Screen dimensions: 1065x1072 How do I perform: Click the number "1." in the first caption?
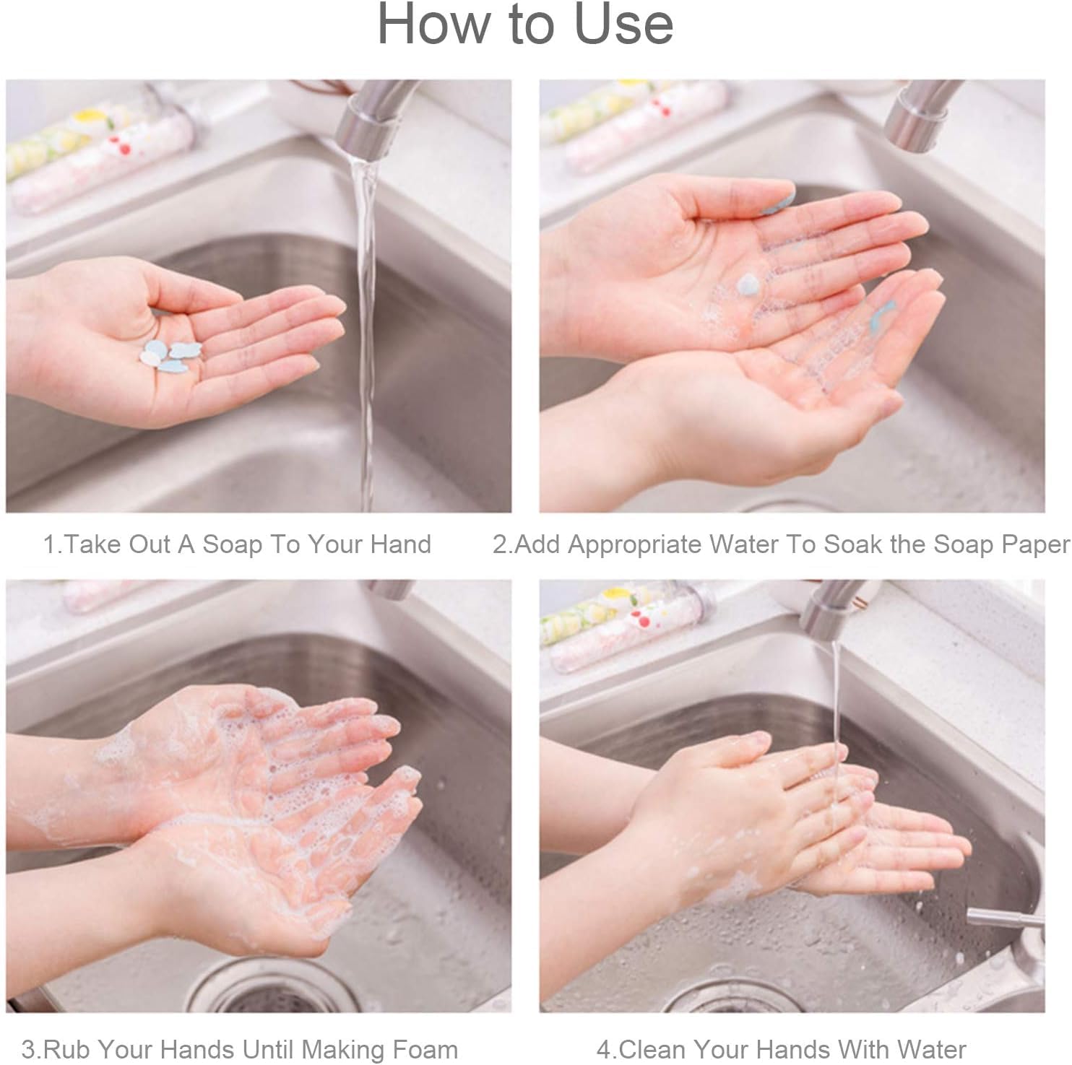coord(53,544)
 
